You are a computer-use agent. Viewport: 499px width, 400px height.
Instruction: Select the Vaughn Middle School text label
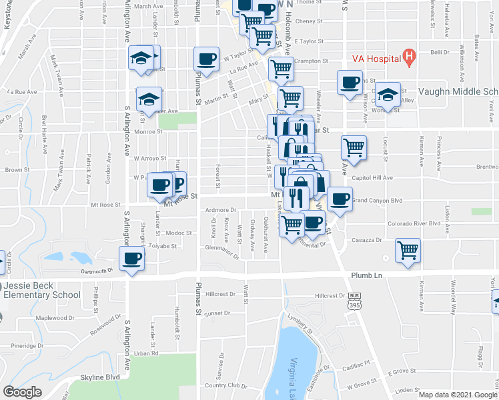click(458, 92)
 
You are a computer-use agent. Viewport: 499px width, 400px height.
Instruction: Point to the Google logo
click(23, 391)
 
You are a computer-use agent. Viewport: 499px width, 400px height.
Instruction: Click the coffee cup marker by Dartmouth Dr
click(131, 258)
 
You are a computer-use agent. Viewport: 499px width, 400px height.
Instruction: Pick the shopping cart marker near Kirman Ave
click(408, 251)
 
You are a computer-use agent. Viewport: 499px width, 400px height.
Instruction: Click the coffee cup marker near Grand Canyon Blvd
click(340, 199)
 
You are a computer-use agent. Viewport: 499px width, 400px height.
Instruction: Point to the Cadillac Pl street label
click(357, 363)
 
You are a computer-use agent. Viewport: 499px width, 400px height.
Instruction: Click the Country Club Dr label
click(225, 385)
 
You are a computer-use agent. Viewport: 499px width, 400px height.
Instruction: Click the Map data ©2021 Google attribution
click(456, 394)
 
